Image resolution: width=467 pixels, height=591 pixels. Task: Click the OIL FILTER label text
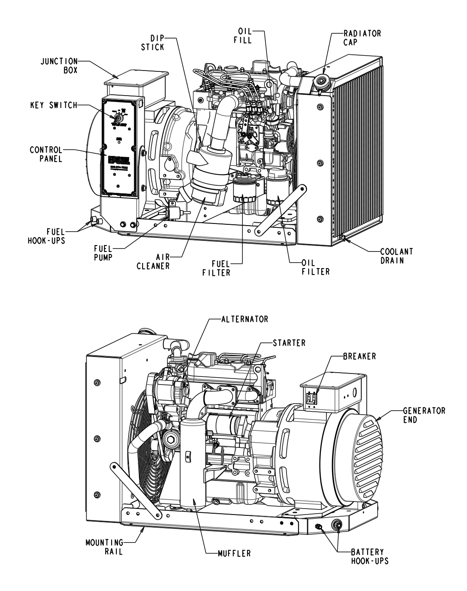tap(315, 267)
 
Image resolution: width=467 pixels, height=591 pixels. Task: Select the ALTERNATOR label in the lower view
tap(245, 319)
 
